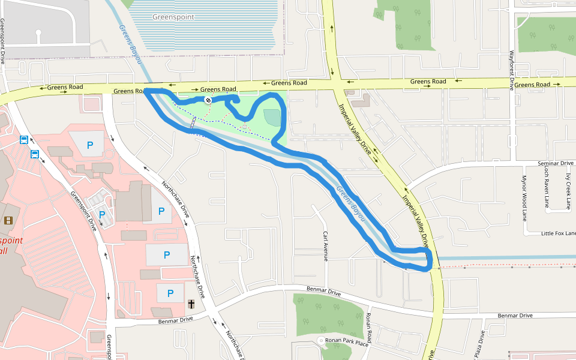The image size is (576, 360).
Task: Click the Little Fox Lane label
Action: click(x=558, y=233)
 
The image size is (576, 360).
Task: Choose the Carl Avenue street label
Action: click(x=326, y=246)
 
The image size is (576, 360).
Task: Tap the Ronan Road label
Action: click(x=369, y=328)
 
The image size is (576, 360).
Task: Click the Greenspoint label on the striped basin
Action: click(x=173, y=17)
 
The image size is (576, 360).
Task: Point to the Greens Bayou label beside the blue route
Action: click(x=350, y=205)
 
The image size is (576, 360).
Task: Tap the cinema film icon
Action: click(x=8, y=220)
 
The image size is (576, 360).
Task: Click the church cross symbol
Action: click(x=191, y=305)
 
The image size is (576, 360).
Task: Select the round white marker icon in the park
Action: click(x=208, y=100)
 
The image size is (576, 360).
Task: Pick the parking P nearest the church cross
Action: click(x=170, y=293)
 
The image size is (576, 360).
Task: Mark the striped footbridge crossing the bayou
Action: click(x=193, y=122)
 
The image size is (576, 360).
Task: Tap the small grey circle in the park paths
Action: click(x=245, y=127)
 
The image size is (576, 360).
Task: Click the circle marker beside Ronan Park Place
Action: click(x=321, y=341)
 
